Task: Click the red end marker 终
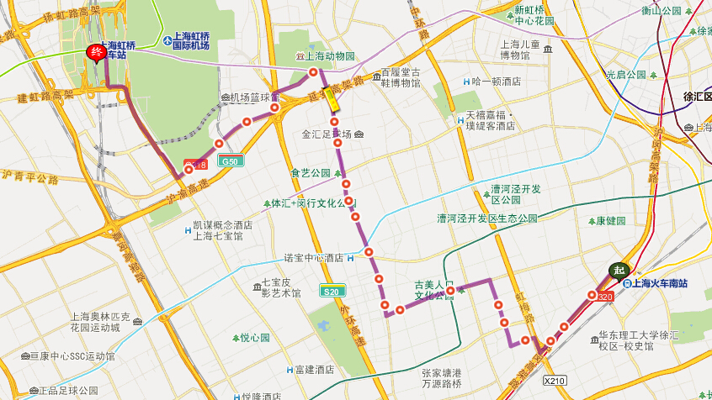(97, 53)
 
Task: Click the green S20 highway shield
(332, 291)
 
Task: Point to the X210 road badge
(555, 380)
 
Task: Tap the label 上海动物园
(330, 56)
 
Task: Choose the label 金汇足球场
(327, 134)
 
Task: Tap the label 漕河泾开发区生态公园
(486, 218)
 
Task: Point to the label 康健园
(612, 221)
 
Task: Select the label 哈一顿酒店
(497, 82)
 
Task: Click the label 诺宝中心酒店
(313, 258)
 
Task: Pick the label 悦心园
(254, 338)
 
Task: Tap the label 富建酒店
(314, 370)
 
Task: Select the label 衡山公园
(661, 11)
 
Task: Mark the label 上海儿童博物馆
(525, 50)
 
